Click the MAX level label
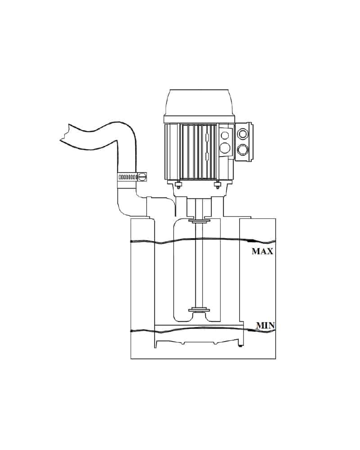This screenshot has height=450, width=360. coord(262,251)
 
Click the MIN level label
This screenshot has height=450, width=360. coord(265,325)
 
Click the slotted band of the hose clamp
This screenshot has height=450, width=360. coord(128,177)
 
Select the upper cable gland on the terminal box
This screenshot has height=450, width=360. coord(243,134)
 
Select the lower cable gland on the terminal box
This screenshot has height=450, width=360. coord(243,149)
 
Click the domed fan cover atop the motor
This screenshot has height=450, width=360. coord(199,103)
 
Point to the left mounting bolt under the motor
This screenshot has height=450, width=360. coord(178,185)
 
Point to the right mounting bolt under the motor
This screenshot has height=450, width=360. coord(217,185)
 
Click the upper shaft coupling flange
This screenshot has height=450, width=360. coord(199,221)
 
